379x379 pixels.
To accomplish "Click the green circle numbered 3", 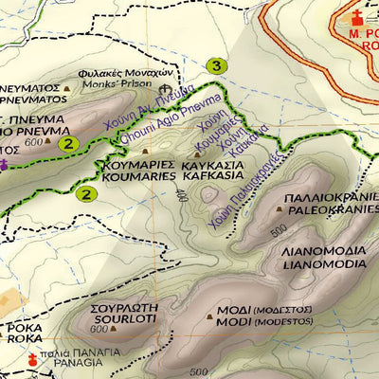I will [218, 66].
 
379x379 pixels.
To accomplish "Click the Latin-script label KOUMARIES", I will [137, 176].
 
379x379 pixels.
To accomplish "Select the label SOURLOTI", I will [125, 323].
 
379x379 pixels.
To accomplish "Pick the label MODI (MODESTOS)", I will [264, 322].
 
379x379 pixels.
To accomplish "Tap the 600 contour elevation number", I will [36, 142].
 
